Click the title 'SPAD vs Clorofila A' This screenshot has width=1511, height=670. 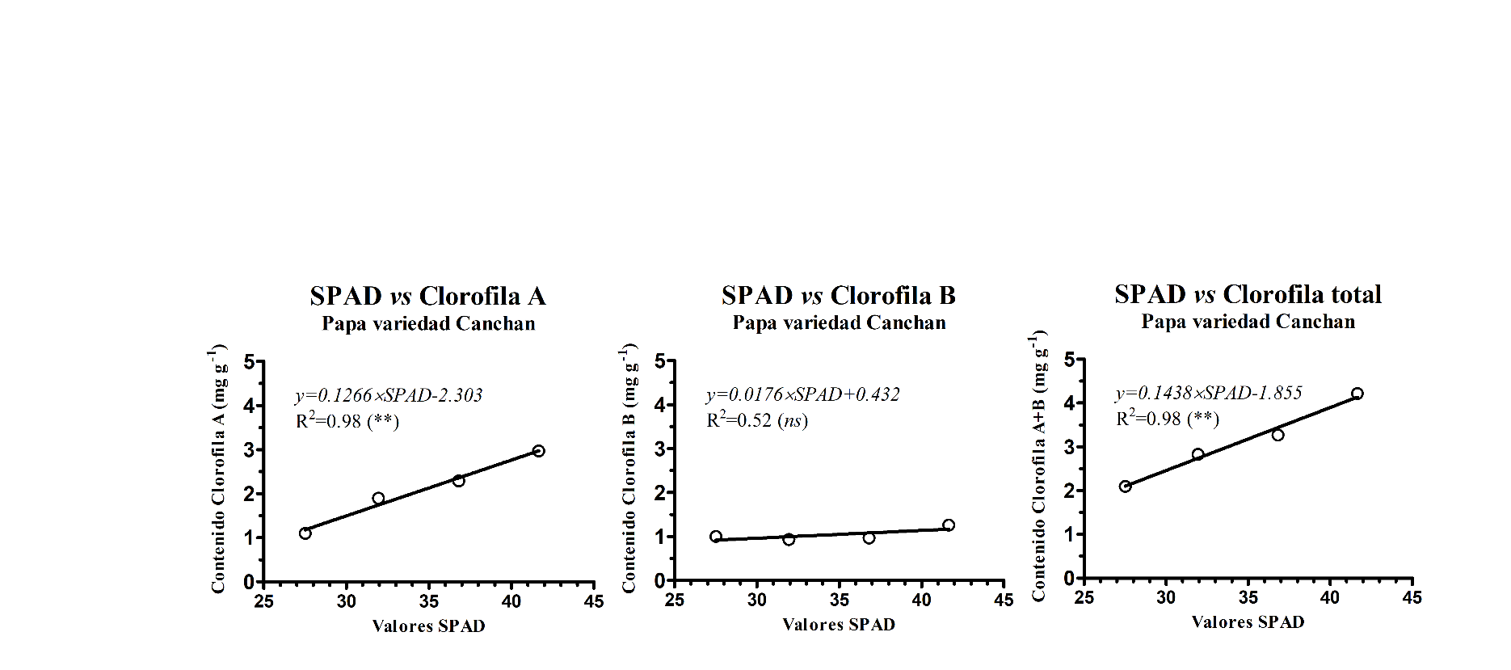[427, 297]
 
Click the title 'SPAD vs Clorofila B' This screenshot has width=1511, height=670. [839, 295]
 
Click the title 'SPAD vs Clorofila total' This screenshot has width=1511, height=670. [1248, 294]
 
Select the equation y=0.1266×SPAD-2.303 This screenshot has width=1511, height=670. [389, 395]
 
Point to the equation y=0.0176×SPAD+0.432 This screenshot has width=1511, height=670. [802, 394]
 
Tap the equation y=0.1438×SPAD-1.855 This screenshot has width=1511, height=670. [1209, 393]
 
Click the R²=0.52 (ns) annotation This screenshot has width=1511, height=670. [757, 420]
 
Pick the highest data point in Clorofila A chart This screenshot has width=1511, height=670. [539, 451]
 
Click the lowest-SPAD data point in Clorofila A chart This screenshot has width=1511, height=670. [305, 533]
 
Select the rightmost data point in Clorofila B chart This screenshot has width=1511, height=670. [949, 525]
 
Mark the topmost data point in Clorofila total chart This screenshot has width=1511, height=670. [1357, 394]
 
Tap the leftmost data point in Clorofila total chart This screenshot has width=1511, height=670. [1125, 487]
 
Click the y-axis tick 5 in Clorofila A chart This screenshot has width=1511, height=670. [249, 361]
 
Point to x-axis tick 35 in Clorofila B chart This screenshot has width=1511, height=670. [839, 600]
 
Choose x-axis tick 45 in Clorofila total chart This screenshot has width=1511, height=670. [1412, 598]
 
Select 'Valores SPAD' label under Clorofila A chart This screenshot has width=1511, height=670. [428, 626]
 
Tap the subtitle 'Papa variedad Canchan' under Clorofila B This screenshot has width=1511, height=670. [839, 322]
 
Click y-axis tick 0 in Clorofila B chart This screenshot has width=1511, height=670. [659, 581]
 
